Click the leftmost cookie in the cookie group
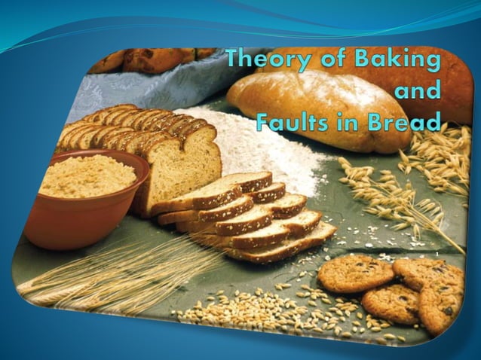pyautogui.click(x=354, y=273)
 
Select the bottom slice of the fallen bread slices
pyautogui.click(x=279, y=245)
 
